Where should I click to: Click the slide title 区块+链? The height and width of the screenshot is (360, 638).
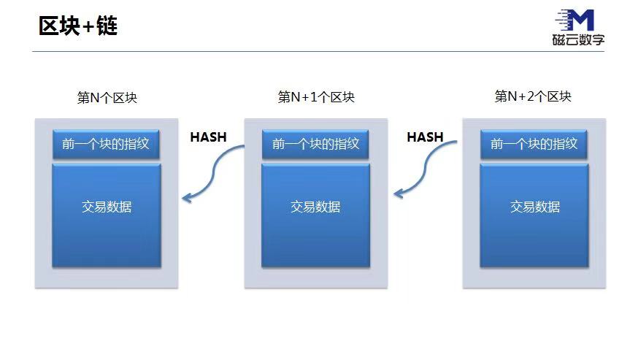point(78,26)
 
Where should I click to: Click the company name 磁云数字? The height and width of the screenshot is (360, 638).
point(578,40)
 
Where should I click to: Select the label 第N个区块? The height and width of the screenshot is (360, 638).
point(107,97)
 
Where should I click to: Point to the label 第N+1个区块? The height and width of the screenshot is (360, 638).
point(316,96)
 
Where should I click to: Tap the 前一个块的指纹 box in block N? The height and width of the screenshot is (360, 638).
point(106,144)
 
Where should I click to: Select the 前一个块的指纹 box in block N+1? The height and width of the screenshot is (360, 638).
point(315,144)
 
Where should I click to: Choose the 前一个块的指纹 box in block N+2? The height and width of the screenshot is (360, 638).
point(534,144)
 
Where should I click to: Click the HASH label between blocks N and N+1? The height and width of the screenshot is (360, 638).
point(208,137)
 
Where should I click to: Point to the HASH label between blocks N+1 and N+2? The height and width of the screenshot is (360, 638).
point(425,137)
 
